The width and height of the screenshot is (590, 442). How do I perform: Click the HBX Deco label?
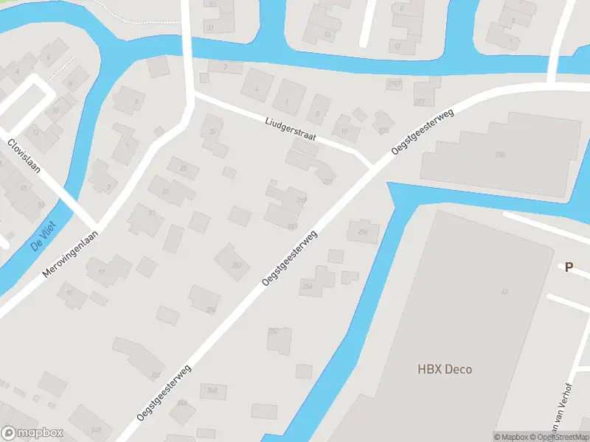point(444,369)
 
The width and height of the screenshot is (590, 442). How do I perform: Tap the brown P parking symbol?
point(569,267)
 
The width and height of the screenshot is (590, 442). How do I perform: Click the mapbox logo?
point(33,433)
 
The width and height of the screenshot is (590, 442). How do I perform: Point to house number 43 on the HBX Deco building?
point(504,292)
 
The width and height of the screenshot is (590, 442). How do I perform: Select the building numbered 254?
point(308,286)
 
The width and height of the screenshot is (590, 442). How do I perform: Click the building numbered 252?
point(274,331)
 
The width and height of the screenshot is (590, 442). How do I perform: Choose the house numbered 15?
point(70,293)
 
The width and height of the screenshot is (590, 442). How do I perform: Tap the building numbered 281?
point(156,374)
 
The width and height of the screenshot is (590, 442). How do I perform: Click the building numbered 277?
point(420,102)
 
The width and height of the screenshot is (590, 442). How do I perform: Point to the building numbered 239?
point(301,200)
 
